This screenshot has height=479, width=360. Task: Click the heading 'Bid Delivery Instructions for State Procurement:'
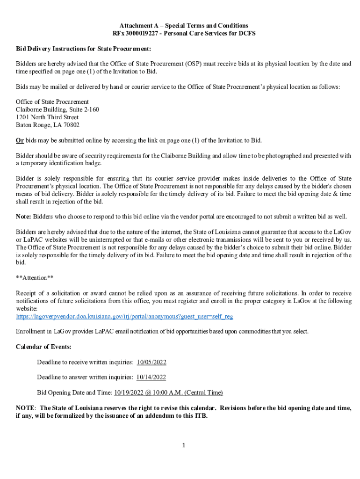click(83, 49)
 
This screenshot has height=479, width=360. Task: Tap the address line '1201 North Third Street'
click(47, 117)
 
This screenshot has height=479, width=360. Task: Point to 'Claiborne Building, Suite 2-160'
click(58, 109)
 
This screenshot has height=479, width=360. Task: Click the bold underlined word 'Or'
click(20, 140)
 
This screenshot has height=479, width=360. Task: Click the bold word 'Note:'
click(24, 217)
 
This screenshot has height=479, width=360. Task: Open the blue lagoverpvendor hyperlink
click(124, 317)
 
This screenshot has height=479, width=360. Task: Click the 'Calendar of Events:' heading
click(43, 347)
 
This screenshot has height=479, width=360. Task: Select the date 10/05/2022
click(151, 362)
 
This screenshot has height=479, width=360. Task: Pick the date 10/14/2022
click(151, 377)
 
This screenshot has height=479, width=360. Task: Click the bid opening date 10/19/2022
click(130, 392)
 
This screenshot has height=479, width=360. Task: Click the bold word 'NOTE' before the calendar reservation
click(25, 408)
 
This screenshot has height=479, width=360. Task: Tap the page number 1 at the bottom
click(184, 445)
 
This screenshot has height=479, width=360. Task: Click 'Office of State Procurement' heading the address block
click(52, 102)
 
